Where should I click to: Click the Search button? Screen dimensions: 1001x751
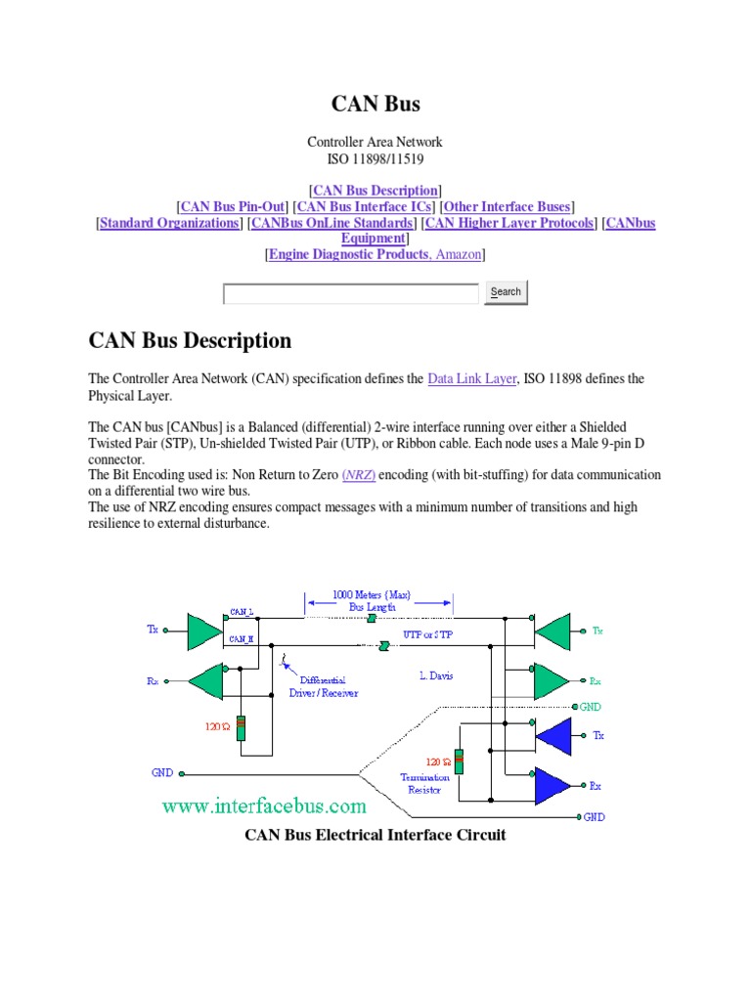506,292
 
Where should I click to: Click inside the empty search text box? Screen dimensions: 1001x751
351,293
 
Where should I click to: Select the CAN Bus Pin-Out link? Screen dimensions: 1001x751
233,206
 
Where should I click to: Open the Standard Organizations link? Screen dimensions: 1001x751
169,223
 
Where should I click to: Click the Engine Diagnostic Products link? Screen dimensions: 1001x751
348,254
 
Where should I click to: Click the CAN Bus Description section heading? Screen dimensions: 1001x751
190,340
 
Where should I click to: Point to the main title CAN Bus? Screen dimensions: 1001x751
375,103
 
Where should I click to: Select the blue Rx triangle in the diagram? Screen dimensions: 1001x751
552,785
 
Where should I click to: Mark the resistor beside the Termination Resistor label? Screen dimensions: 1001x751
459,762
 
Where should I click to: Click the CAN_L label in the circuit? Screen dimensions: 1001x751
242,611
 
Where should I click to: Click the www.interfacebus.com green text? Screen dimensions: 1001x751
264,806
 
